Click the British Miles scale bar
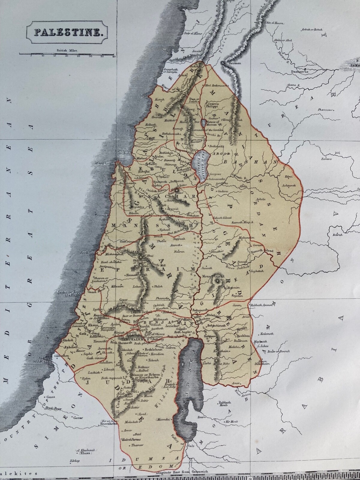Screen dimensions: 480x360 [67, 54]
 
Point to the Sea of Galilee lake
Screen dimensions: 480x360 [199, 163]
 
